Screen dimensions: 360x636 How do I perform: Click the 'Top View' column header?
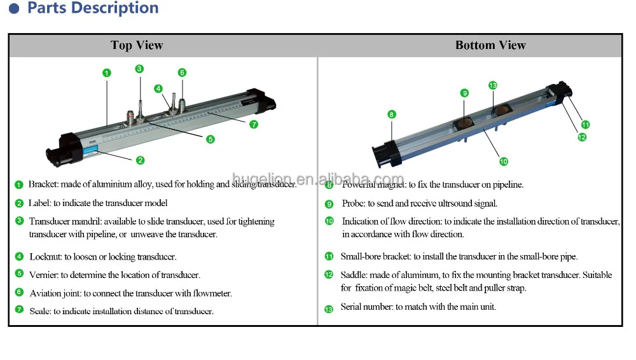click(x=137, y=45)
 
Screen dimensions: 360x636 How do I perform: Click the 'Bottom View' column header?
click(x=490, y=45)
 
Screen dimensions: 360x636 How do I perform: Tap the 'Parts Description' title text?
click(x=93, y=8)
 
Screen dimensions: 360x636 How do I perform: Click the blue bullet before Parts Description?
click(x=14, y=9)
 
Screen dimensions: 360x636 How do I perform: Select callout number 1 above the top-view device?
click(x=107, y=73)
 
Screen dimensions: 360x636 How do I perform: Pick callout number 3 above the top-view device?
click(x=139, y=69)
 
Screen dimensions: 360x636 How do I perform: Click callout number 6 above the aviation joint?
click(x=182, y=73)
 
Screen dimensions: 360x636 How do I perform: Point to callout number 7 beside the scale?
click(x=254, y=124)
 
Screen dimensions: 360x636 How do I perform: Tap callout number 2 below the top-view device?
click(x=140, y=160)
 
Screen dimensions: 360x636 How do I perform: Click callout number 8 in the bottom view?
click(x=391, y=114)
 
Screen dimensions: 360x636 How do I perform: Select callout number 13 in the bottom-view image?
click(x=492, y=85)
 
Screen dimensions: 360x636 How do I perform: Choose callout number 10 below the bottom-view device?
click(x=504, y=162)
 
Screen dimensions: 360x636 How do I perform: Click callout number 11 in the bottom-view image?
click(x=585, y=125)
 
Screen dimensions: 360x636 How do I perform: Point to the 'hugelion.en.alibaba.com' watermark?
click(x=317, y=179)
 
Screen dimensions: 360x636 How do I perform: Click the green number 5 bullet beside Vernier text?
click(x=19, y=275)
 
